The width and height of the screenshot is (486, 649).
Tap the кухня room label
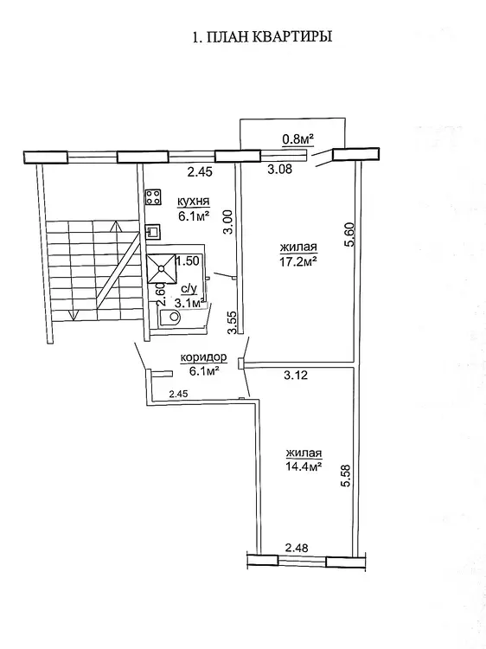tap(193, 202)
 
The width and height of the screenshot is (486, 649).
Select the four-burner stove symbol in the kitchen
tap(153, 197)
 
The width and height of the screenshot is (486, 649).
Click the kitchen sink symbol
tap(153, 232)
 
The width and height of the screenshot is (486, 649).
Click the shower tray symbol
tap(162, 268)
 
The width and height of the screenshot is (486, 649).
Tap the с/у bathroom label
tap(189, 289)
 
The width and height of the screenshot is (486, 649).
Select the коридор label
tap(203, 357)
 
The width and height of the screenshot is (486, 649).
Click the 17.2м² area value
tap(298, 261)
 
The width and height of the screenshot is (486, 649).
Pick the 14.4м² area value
tap(304, 466)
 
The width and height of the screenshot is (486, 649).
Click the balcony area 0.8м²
tap(297, 139)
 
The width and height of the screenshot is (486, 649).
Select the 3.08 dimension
tap(280, 169)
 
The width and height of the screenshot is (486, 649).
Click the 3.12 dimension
tap(296, 376)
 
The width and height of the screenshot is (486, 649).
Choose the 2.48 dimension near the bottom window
tap(297, 548)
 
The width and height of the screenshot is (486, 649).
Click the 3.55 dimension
tap(233, 323)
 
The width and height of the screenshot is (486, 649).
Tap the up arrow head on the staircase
tap(117, 226)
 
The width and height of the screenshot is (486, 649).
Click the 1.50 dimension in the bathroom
tap(188, 260)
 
